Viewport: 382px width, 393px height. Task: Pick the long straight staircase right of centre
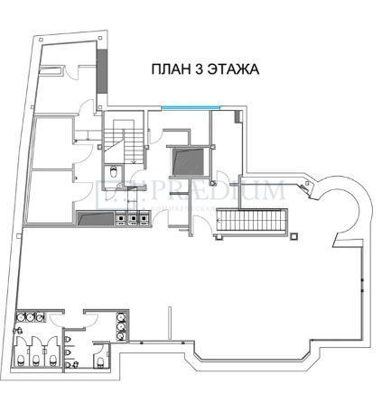tap(256, 220)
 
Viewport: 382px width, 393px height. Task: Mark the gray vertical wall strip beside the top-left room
tap(102, 65)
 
